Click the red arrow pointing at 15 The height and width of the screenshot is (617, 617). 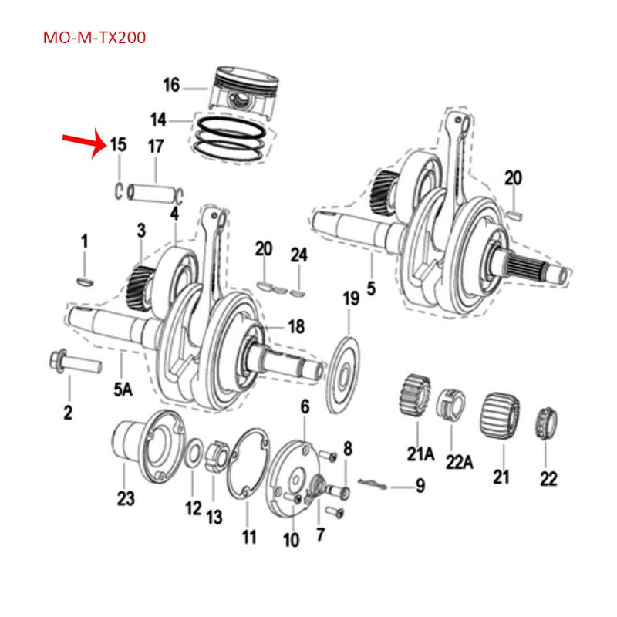84,143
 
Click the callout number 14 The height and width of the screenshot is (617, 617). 159,120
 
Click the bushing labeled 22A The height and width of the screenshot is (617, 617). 451,404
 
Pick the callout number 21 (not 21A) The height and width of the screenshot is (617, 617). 502,478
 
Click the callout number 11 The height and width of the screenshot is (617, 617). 249,536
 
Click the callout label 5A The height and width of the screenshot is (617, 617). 123,391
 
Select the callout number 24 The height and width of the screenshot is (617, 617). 299,255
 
